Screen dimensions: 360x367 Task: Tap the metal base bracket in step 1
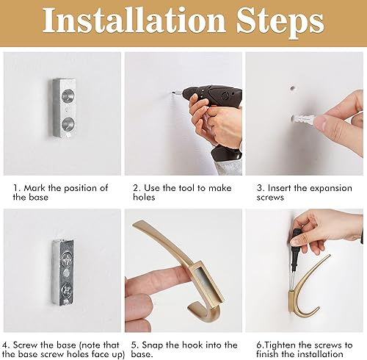tap(62, 109)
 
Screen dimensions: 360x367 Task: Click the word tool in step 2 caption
tap(184, 187)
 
